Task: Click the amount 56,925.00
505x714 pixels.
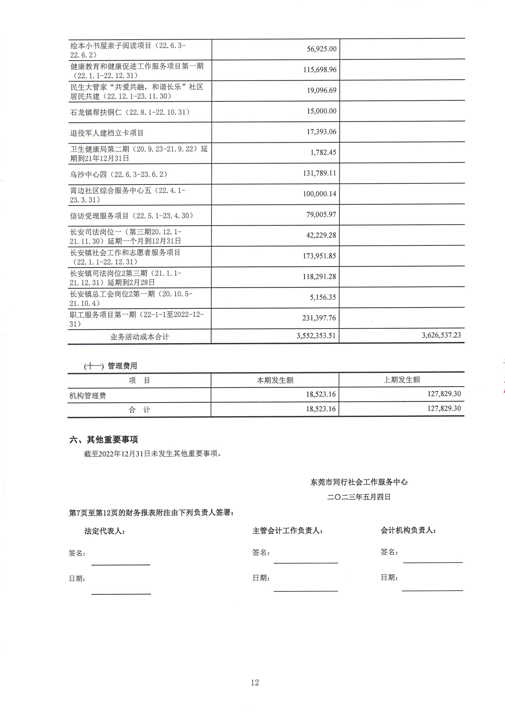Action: (321, 49)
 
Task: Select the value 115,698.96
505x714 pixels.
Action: (320, 70)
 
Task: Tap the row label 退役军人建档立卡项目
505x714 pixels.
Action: (107, 133)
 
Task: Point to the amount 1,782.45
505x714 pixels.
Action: (323, 152)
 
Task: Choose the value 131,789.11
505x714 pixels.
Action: (320, 173)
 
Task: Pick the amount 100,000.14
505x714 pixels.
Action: (320, 194)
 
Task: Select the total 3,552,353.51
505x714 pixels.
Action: (316, 336)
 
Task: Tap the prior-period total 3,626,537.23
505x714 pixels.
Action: (441, 335)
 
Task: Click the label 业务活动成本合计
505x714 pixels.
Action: (139, 337)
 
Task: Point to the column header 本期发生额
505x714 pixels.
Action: (275, 380)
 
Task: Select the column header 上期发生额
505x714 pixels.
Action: (402, 380)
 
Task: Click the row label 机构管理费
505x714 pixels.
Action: (88, 396)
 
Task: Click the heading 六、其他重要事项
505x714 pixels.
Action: (104, 440)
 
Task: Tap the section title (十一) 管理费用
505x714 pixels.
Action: (111, 366)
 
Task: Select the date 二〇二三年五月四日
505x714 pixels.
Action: (358, 497)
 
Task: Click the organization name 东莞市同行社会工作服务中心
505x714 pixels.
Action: (359, 482)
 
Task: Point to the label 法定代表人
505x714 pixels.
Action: (104, 531)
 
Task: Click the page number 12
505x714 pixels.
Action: (255, 683)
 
